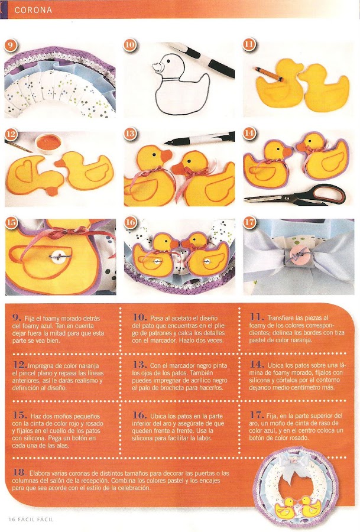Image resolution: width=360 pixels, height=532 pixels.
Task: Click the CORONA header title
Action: click(x=33, y=10)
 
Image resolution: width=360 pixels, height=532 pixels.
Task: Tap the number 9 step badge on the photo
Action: click(x=11, y=45)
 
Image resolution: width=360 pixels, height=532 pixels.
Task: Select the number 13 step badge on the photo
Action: click(x=130, y=134)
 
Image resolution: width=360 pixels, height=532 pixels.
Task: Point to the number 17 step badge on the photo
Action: click(x=249, y=222)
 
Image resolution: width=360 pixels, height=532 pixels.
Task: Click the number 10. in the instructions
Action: click(x=140, y=317)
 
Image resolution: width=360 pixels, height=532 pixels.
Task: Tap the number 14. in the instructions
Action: click(x=257, y=365)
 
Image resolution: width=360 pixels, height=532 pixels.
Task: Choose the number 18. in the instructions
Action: click(x=20, y=472)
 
